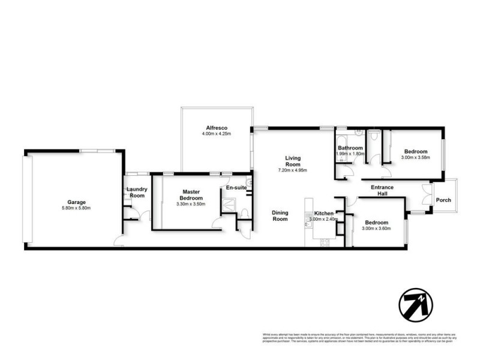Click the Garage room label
click(x=76, y=202)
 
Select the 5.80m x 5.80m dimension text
click(x=76, y=208)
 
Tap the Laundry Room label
click(x=137, y=193)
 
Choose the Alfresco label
click(x=216, y=127)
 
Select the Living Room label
click(x=293, y=161)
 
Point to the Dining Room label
click(x=280, y=215)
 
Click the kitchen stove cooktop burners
click(x=325, y=242)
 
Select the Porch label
click(x=443, y=200)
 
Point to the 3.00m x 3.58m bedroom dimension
click(x=416, y=158)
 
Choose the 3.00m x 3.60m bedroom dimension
click(x=377, y=229)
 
